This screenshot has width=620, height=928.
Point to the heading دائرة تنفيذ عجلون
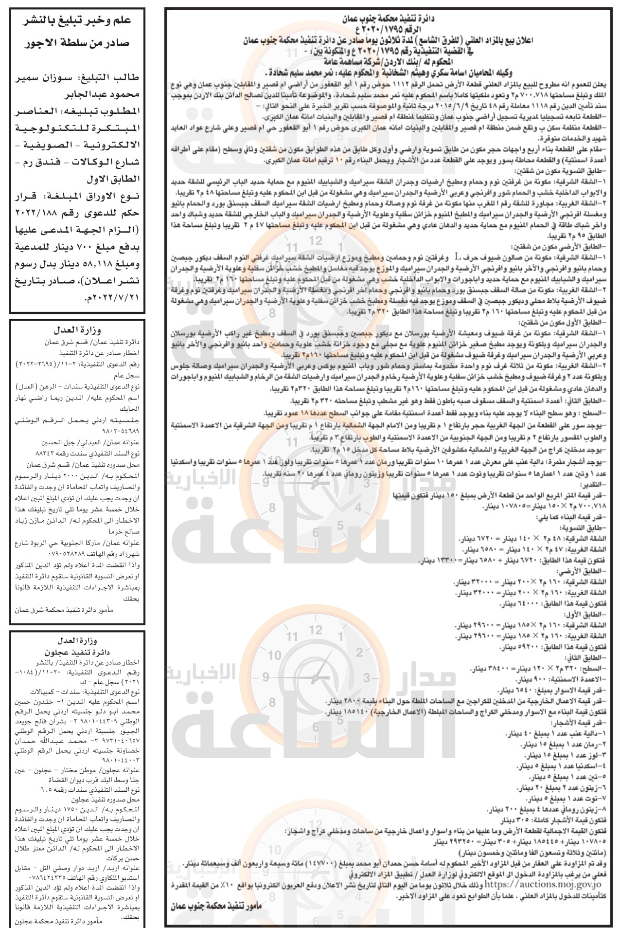[77, 653]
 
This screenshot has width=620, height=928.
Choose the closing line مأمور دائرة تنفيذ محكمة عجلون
[58, 921]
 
